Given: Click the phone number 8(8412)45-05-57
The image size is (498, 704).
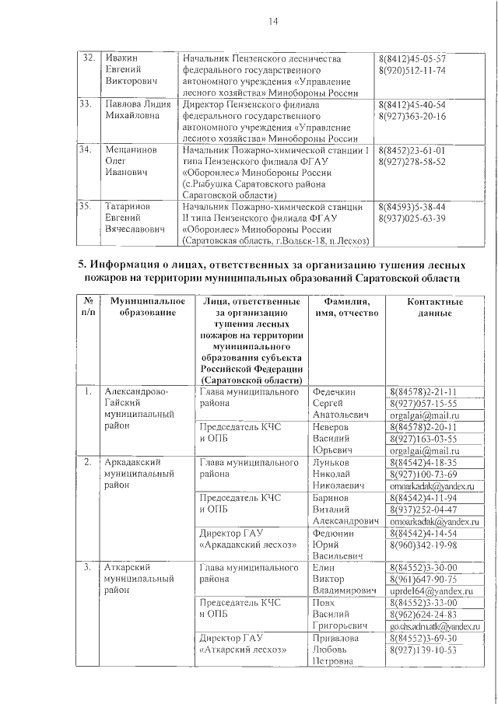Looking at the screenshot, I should (411, 59).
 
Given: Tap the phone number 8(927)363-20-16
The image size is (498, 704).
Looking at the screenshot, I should (412, 116).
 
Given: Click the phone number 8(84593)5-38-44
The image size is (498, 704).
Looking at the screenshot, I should (411, 208).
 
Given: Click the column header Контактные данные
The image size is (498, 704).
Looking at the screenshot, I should (434, 307).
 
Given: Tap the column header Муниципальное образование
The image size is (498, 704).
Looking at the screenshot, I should (147, 307).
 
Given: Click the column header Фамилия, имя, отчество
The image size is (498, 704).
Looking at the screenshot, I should (345, 307).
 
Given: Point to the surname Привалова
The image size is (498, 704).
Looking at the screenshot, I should (335, 638).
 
